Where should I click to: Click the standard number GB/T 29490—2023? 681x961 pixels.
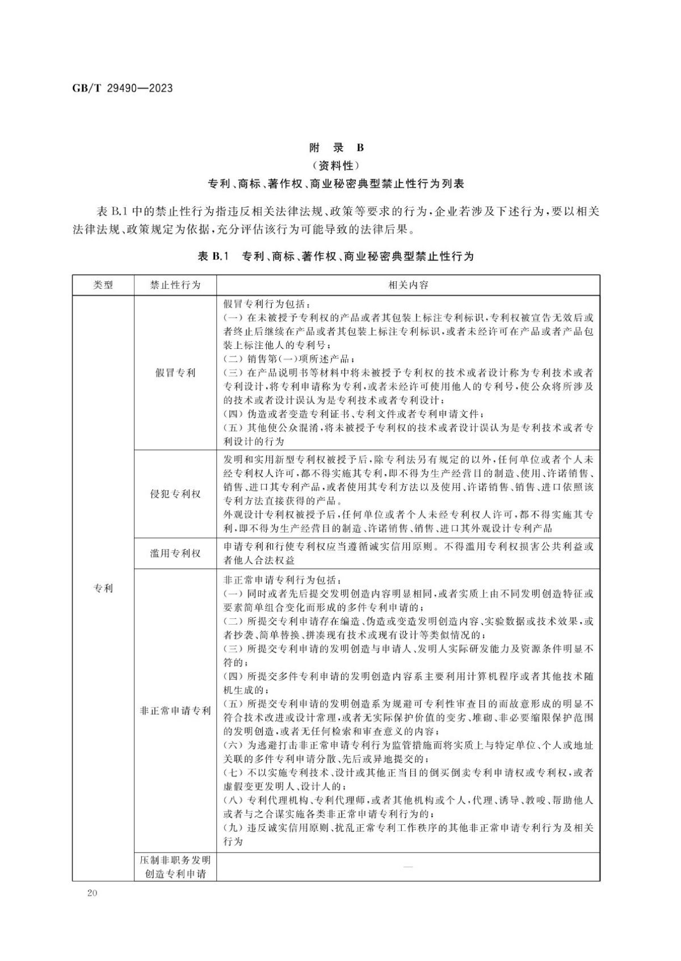click(123, 88)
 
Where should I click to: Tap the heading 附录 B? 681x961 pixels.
click(336, 147)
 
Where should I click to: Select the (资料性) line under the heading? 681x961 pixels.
click(336, 166)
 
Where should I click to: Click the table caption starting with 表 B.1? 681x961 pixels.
click(335, 256)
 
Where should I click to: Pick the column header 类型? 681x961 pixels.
click(103, 285)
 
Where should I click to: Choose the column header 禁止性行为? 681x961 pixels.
click(175, 285)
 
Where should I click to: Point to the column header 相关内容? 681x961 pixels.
click(407, 285)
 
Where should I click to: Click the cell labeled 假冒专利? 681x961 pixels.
click(175, 373)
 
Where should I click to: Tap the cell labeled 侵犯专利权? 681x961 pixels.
click(175, 494)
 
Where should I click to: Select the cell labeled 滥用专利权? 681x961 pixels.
click(175, 553)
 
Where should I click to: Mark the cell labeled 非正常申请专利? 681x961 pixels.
click(175, 711)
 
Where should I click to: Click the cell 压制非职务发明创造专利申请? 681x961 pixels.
click(175, 867)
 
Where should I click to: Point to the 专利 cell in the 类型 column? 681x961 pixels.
click(103, 588)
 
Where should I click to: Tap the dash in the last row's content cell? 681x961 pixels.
click(407, 867)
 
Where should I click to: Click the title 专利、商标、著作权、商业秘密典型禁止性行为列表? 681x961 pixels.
click(336, 184)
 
